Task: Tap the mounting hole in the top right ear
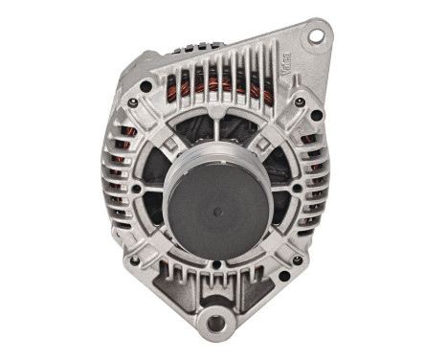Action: pos(314,36)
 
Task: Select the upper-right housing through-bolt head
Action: pos(300,101)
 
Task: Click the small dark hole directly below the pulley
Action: pos(212,268)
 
